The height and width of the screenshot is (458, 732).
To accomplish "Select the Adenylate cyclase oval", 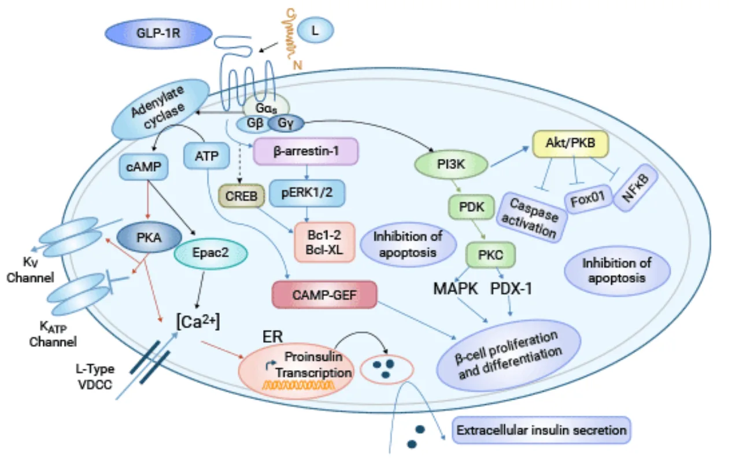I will [156, 108].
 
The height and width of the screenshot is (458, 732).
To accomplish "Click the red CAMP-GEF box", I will [324, 296].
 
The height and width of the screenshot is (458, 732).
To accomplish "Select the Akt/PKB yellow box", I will [570, 148].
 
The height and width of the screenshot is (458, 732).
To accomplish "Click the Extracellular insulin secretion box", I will [541, 431].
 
